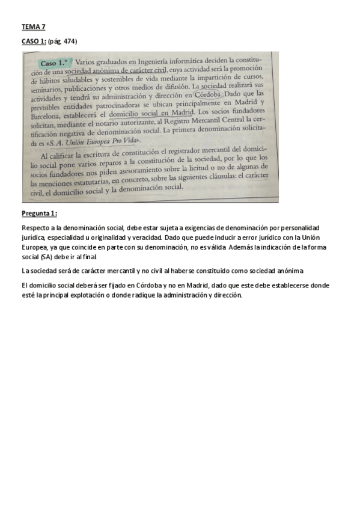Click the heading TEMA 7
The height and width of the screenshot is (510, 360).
[x=33, y=27]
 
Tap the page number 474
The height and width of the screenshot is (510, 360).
[x=70, y=41]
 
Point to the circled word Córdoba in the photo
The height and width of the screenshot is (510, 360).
[x=209, y=94]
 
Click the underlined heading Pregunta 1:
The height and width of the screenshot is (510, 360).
[x=39, y=214]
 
